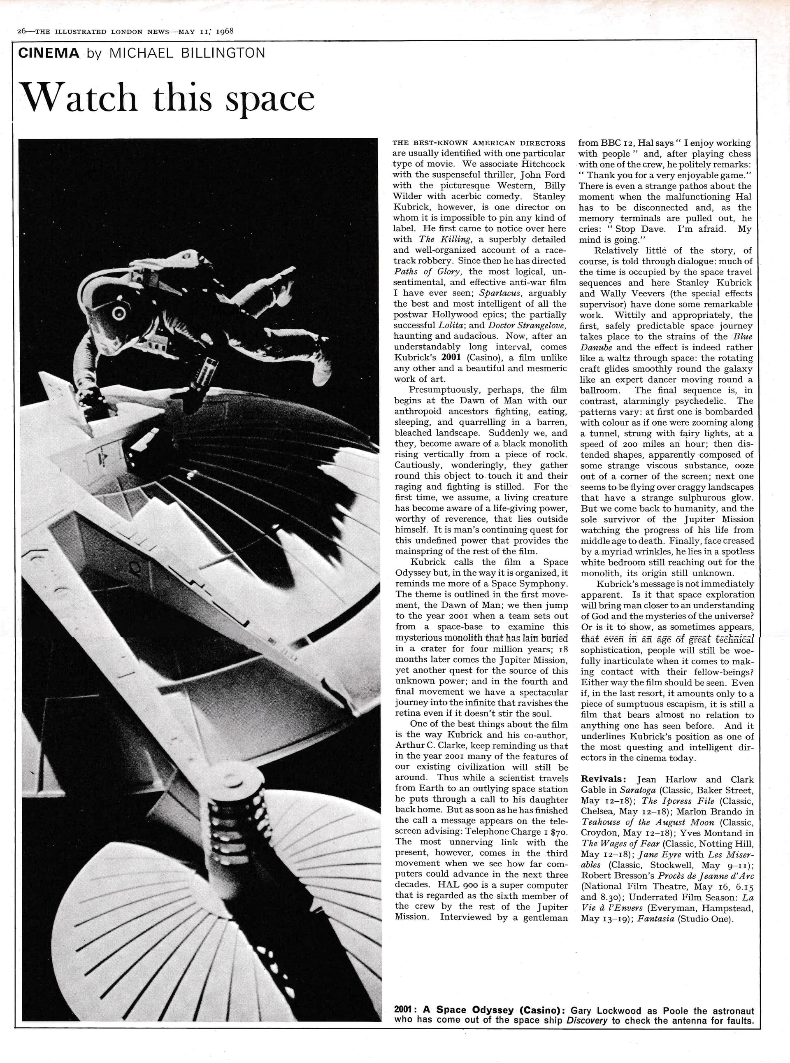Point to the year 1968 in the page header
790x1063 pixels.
tap(224, 31)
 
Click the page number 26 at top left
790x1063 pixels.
tap(21, 32)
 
